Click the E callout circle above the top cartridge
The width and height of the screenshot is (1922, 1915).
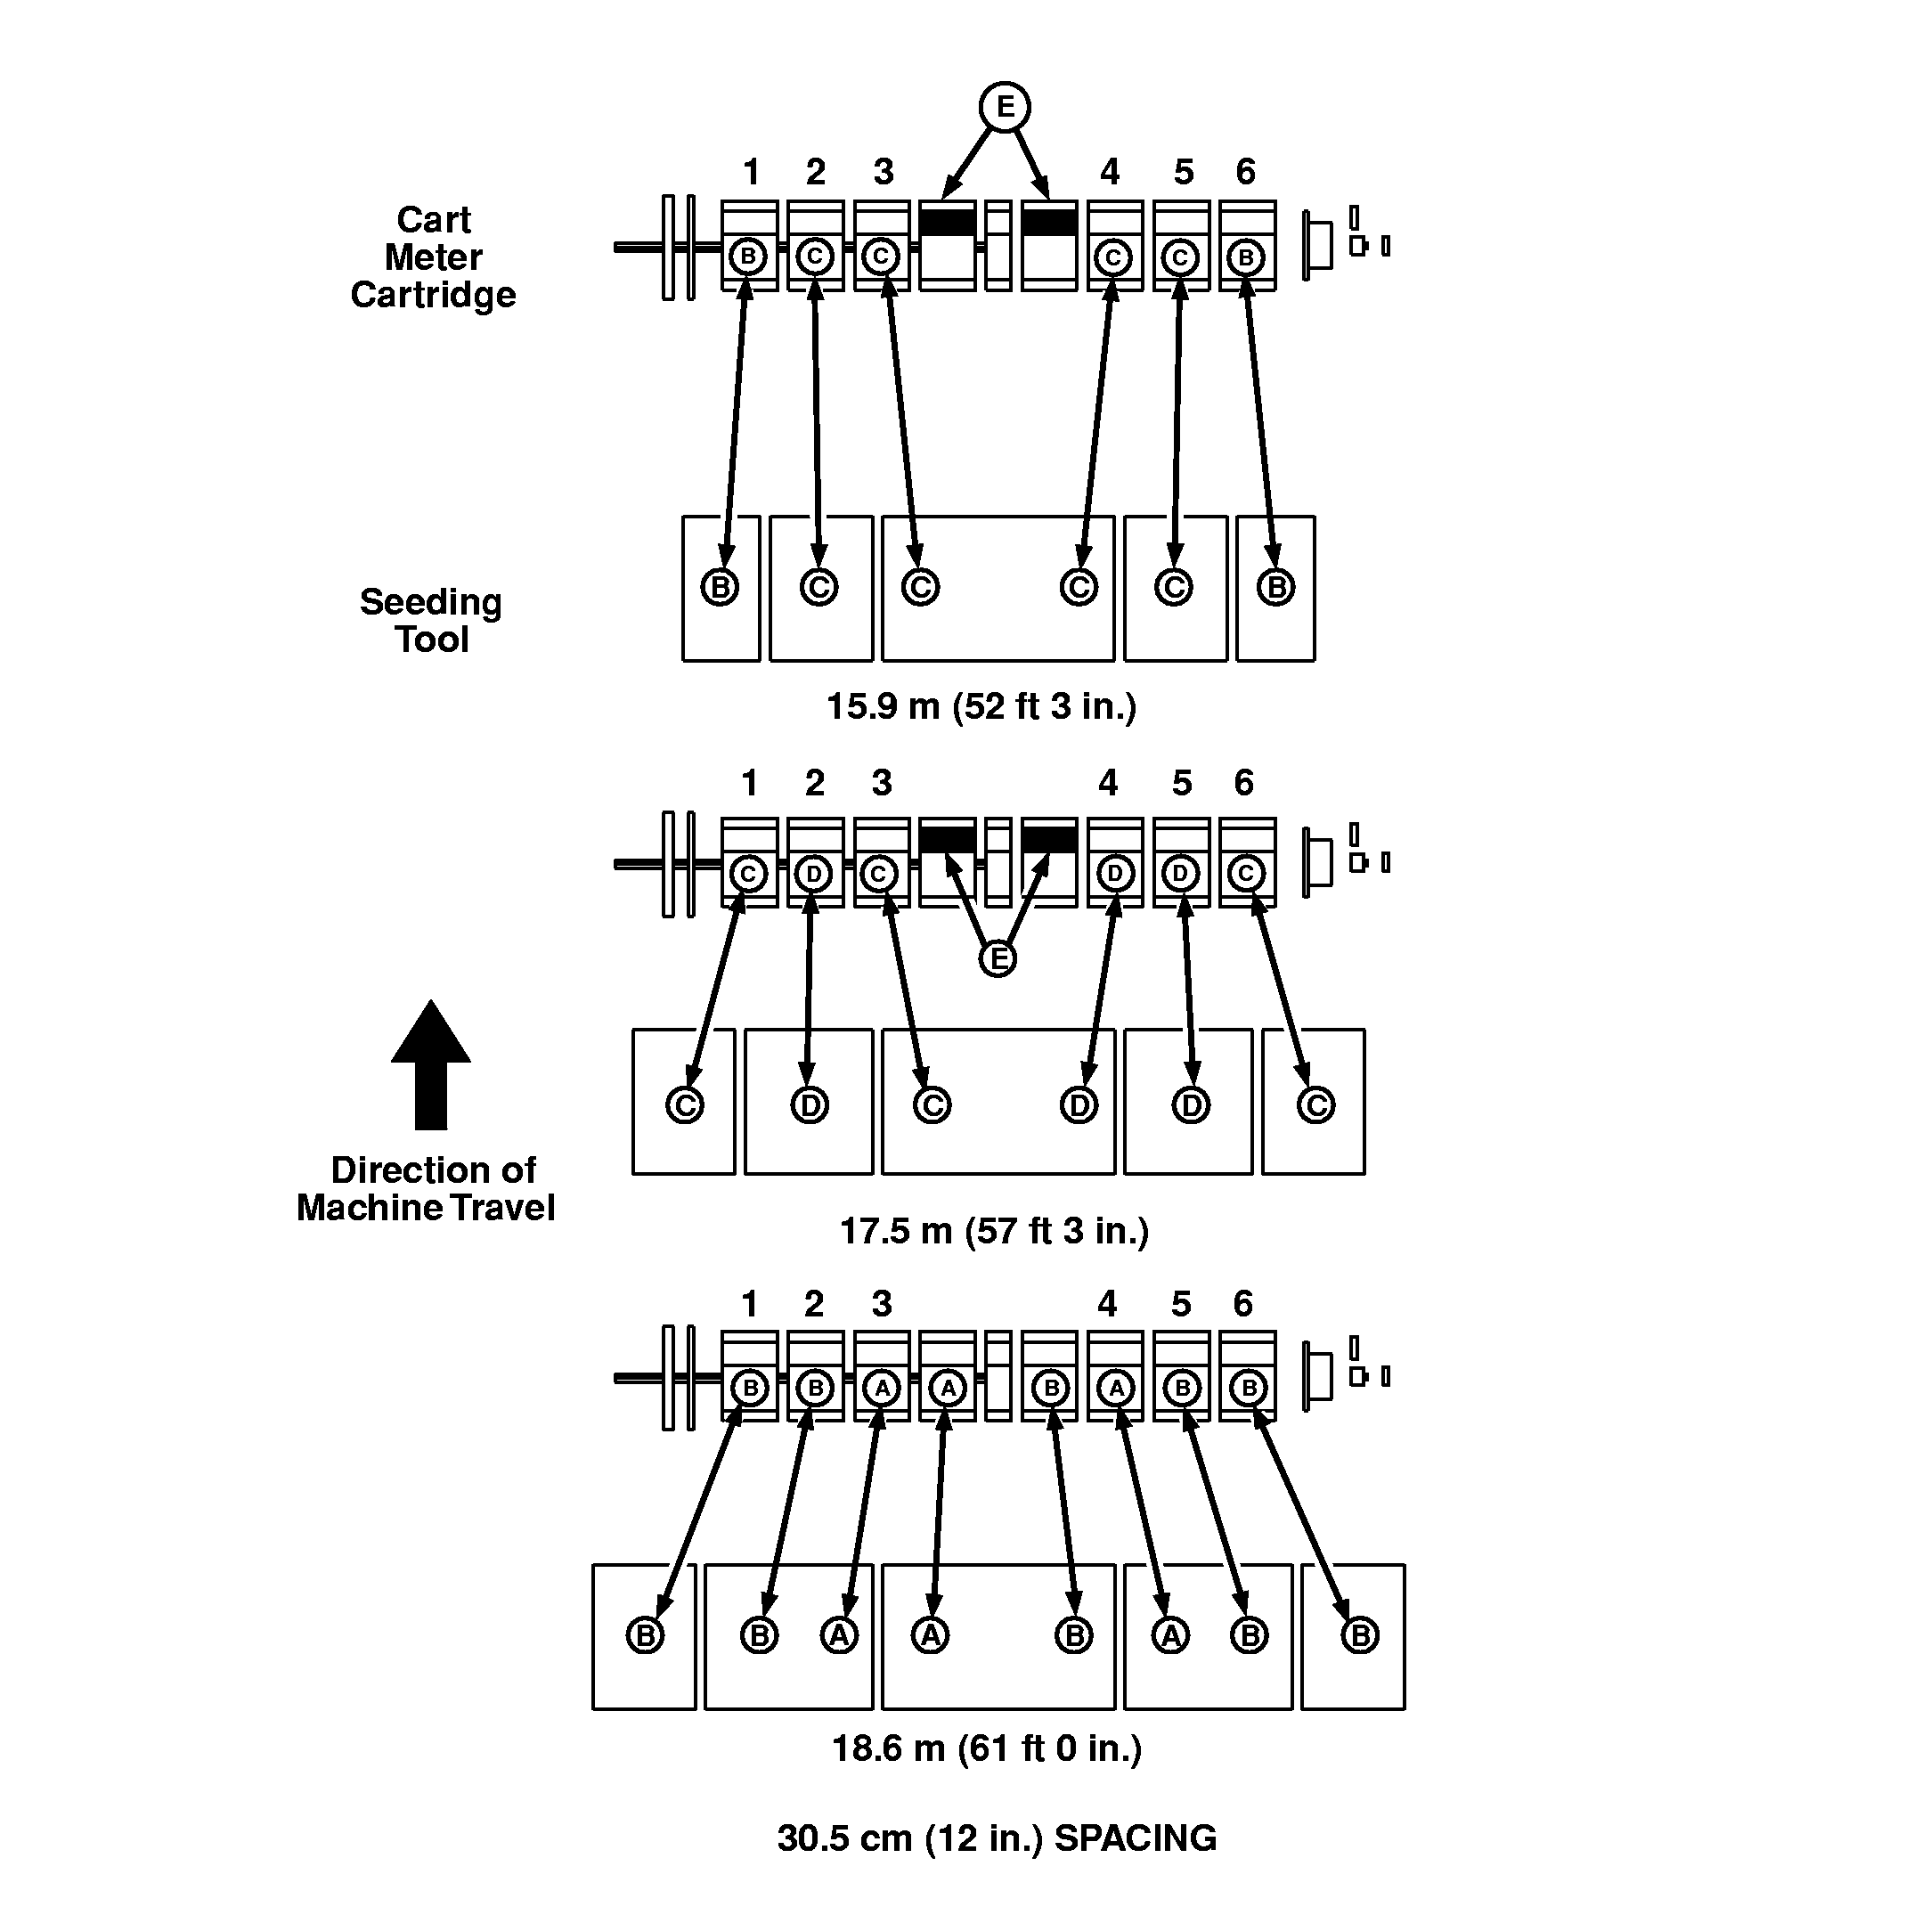[x=1004, y=107]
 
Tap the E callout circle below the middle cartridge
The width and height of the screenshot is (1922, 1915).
[x=997, y=958]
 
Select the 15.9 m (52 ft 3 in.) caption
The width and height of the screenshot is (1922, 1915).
[x=981, y=706]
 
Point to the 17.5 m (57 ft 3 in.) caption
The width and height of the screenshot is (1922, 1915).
[x=994, y=1231]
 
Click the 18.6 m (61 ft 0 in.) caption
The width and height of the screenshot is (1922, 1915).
[x=986, y=1748]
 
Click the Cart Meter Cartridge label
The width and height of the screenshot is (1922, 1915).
[x=433, y=257]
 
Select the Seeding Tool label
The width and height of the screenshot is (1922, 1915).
[x=431, y=620]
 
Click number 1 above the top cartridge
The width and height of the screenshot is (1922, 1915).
[x=751, y=172]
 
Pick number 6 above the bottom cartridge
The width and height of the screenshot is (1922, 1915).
[x=1243, y=1303]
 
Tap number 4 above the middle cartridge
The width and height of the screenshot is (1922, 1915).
[x=1107, y=783]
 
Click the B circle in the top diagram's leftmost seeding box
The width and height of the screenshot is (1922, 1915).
[x=720, y=587]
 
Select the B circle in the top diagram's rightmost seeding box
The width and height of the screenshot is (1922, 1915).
[x=1275, y=587]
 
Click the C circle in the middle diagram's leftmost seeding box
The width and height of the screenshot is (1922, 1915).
[x=684, y=1104]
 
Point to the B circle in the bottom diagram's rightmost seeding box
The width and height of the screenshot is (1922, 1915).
[x=1359, y=1635]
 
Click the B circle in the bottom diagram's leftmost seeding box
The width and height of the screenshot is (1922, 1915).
[x=645, y=1635]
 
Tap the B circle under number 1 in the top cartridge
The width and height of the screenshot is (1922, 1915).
[x=748, y=257]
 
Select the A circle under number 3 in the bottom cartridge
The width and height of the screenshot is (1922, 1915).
[x=882, y=1387]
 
